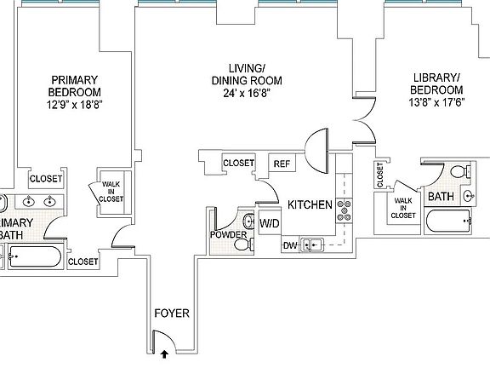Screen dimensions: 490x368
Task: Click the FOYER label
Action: [x=172, y=313]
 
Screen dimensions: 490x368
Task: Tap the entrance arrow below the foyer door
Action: [x=165, y=354]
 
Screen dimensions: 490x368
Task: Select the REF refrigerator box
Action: [x=282, y=164]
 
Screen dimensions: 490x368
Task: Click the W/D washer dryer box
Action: [x=270, y=223]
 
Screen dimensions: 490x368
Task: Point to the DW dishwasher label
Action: [x=290, y=245]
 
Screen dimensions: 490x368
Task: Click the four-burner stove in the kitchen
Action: [x=344, y=210]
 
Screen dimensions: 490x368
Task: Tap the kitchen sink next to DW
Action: [x=312, y=244]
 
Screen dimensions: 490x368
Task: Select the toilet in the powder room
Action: [x=244, y=244]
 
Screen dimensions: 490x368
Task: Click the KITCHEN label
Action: [x=310, y=204]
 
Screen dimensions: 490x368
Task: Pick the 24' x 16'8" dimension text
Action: [x=247, y=93]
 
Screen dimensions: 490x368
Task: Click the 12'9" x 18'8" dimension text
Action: [x=75, y=105]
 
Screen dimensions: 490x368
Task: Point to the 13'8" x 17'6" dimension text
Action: [x=437, y=102]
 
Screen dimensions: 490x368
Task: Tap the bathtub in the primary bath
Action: [x=35, y=256]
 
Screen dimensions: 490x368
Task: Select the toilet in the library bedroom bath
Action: [x=460, y=171]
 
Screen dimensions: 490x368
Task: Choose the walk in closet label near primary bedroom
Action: [x=111, y=192]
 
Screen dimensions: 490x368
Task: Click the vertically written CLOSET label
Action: [x=380, y=175]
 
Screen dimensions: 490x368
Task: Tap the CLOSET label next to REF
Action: [x=238, y=163]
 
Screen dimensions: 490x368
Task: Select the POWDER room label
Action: [x=229, y=235]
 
